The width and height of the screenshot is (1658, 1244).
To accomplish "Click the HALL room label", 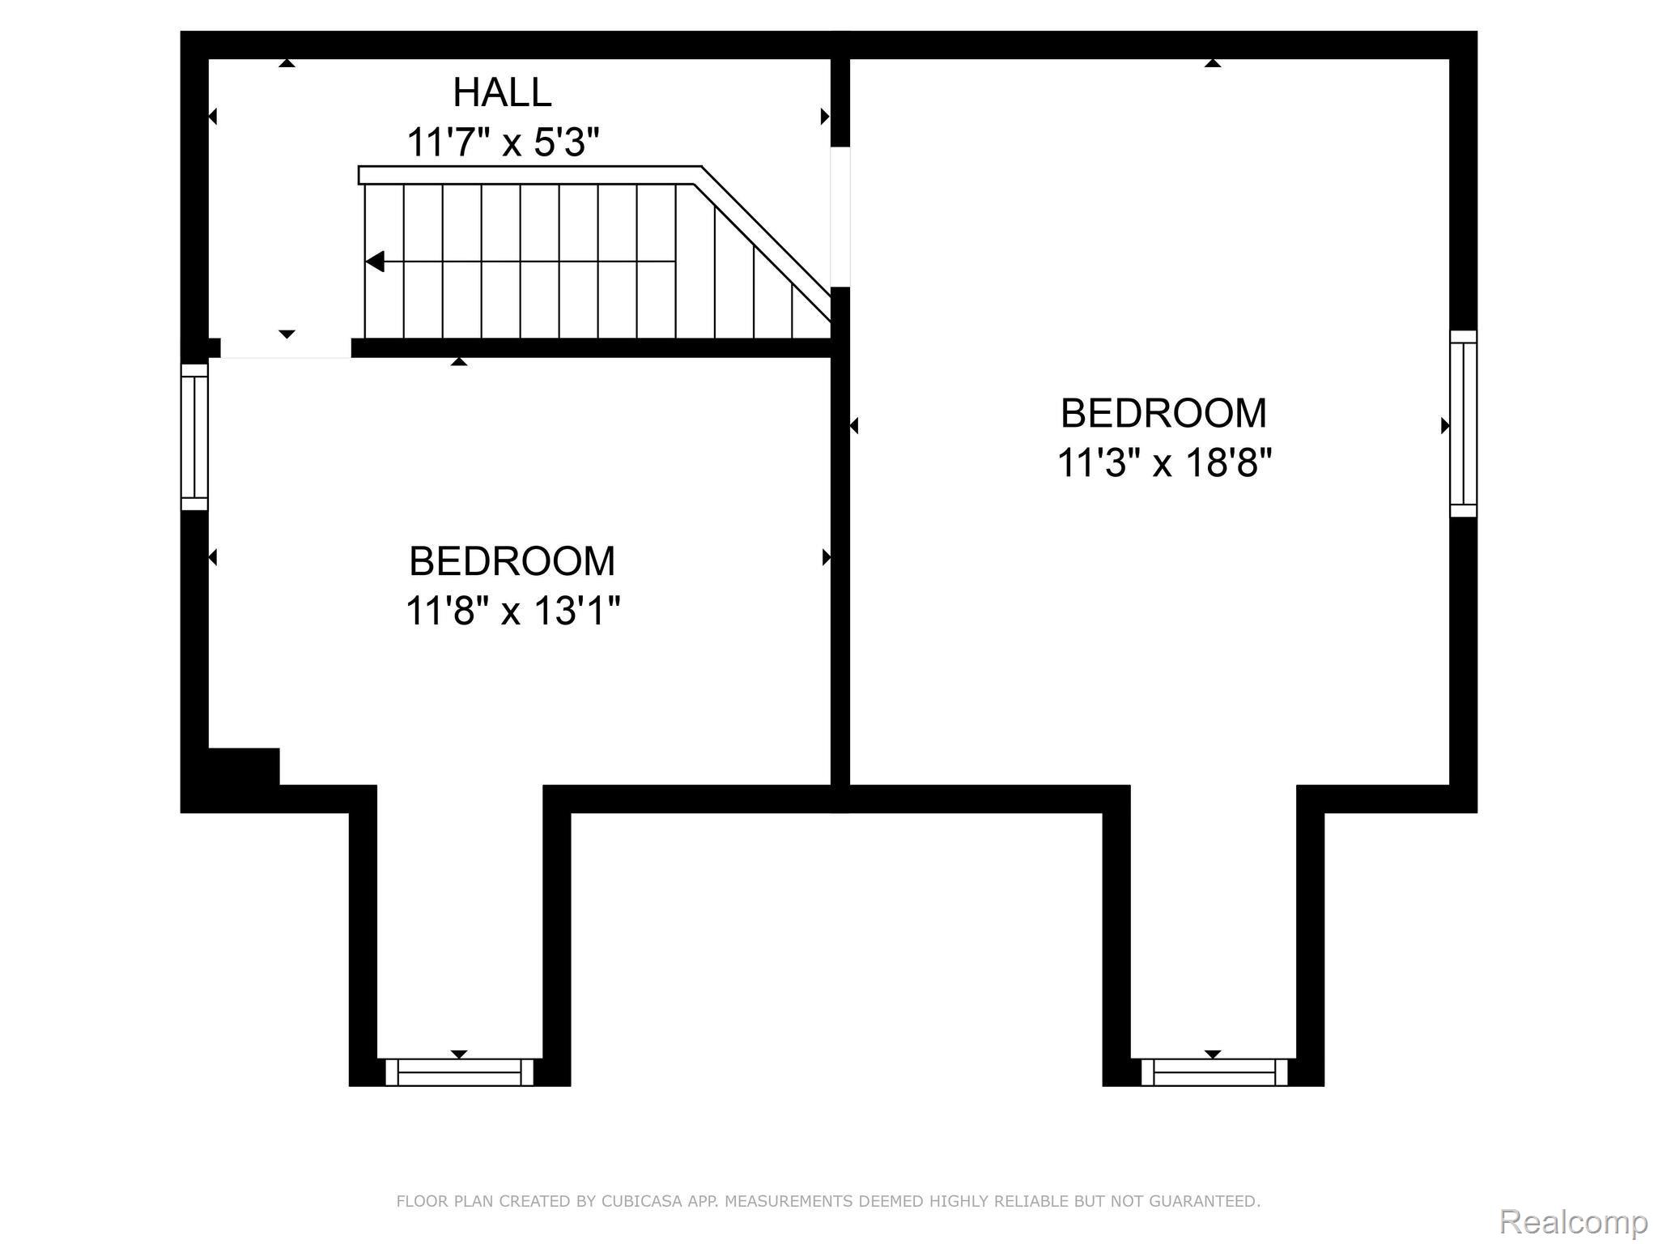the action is pyautogui.click(x=502, y=92).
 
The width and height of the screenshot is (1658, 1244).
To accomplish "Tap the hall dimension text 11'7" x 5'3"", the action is pyautogui.click(x=502, y=143).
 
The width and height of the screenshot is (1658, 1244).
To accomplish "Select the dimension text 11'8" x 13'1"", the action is pyautogui.click(x=512, y=611).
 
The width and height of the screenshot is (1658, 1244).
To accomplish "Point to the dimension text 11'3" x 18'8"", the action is pyautogui.click(x=1164, y=463).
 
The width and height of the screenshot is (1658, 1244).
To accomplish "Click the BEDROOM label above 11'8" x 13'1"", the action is pyautogui.click(x=512, y=561).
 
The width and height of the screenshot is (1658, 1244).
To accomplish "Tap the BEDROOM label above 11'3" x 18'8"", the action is pyautogui.click(x=1164, y=413).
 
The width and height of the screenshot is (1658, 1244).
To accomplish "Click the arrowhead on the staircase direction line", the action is pyautogui.click(x=375, y=262).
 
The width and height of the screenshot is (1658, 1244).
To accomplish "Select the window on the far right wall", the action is pyautogui.click(x=1463, y=424).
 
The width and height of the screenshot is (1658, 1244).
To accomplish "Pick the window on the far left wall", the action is pyautogui.click(x=194, y=437).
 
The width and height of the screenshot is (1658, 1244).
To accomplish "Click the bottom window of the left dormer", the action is pyautogui.click(x=459, y=1071).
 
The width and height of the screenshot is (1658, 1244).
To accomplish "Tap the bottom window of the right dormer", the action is pyautogui.click(x=1214, y=1071).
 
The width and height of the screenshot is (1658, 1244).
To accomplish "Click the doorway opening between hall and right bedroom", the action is pyautogui.click(x=840, y=216).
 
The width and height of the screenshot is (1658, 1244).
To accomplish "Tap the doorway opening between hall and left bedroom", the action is pyautogui.click(x=286, y=348).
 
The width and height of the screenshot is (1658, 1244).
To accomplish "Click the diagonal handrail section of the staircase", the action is pyautogui.click(x=765, y=239).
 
